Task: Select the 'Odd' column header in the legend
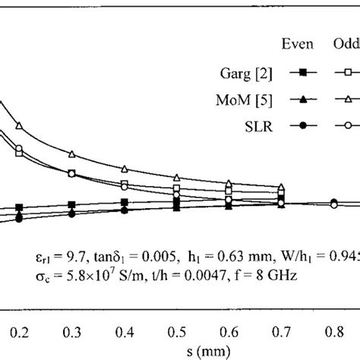coord(346,44)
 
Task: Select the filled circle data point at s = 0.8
coord(333,202)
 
